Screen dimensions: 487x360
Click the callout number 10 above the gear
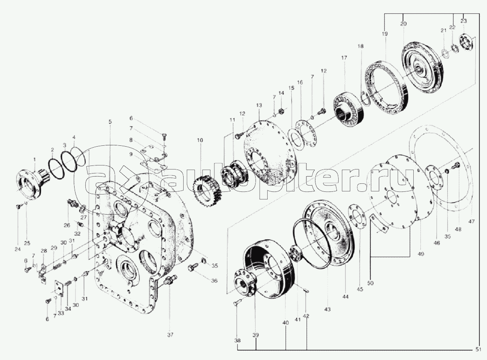pos(200,140)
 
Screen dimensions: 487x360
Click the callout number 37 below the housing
pos(169,334)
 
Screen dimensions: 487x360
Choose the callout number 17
pos(344,57)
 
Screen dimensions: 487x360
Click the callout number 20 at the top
pos(403,24)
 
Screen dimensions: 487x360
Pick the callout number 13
pos(259,105)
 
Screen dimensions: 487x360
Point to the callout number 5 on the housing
pos(110,122)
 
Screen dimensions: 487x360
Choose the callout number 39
pos(255,335)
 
